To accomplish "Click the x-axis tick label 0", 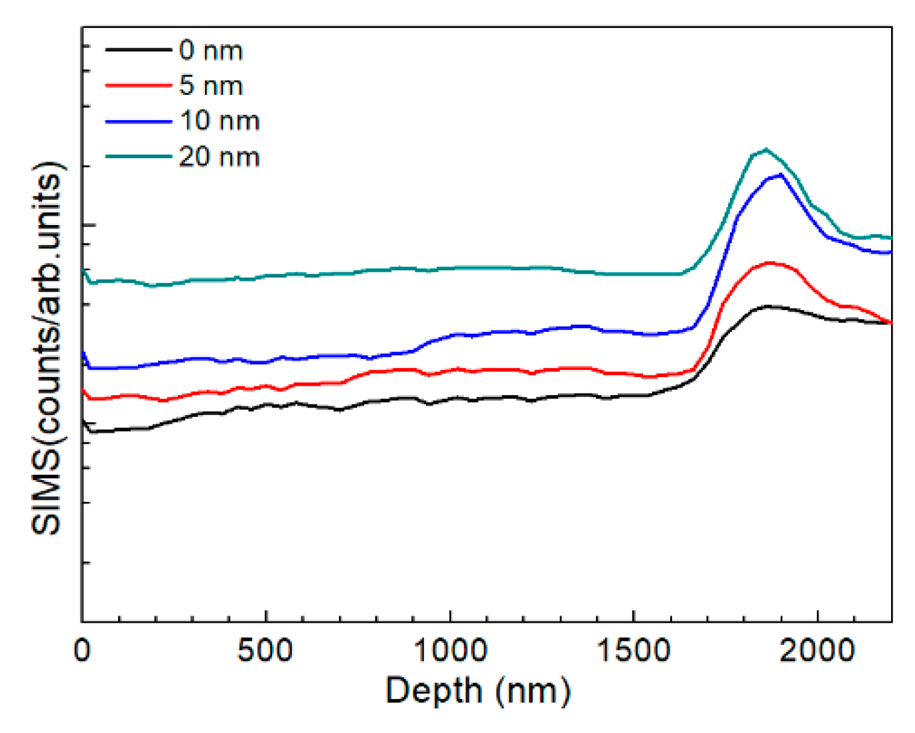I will coord(82,650).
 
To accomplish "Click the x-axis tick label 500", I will coord(265,650).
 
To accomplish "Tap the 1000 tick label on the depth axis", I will coord(450,650).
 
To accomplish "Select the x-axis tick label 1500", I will coord(634,650).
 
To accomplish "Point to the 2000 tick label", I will coord(817,650).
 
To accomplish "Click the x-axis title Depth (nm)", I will coord(478,691).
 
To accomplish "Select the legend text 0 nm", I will coord(211,50).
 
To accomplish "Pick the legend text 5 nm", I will coord(211,86).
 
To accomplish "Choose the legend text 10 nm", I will coord(220,121).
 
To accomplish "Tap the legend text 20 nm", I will coord(220,157).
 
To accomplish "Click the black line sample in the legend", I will coord(138,49).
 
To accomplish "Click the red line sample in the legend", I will coord(138,85).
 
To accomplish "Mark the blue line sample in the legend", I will coord(138,121).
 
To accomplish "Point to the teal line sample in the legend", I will coord(138,157).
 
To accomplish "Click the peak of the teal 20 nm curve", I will coord(766,149).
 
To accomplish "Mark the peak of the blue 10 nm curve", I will coord(781,175).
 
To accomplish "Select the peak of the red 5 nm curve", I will coord(771,263).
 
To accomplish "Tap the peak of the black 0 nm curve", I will coord(768,306).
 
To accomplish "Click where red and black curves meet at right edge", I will coord(889,322).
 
